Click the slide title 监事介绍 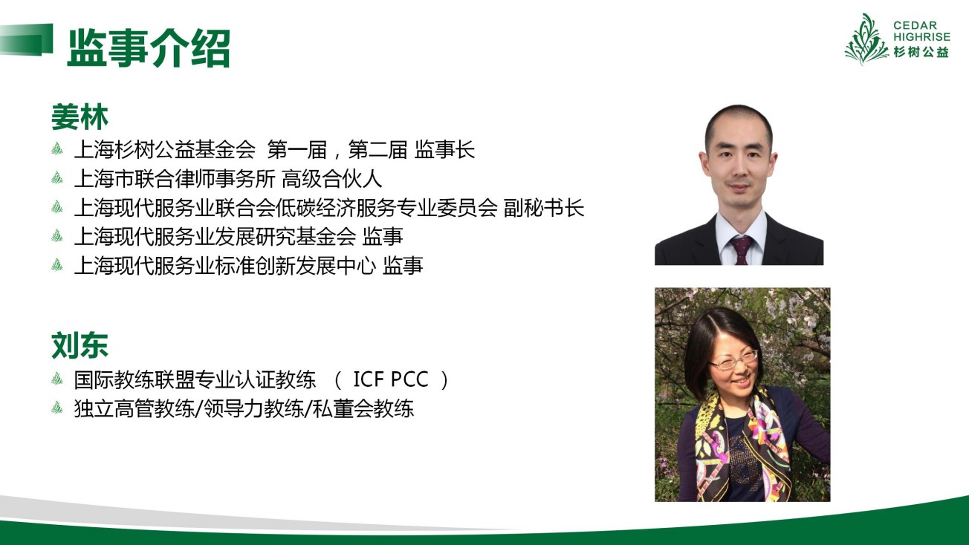pos(149,48)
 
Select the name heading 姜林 pos(80,117)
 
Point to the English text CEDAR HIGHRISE pos(921,31)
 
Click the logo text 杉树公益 pos(921,52)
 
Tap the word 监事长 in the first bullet pos(444,149)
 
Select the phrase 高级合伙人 pos(332,178)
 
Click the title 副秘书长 pos(544,207)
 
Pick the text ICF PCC pos(391,379)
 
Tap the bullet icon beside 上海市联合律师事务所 pos(57,177)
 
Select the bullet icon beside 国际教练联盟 pos(57,379)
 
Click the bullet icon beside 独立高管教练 pos(57,408)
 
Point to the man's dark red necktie pos(742,249)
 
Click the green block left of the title pos(27,39)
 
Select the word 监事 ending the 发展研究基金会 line pos(383,236)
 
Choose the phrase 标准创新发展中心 pos(295,265)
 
